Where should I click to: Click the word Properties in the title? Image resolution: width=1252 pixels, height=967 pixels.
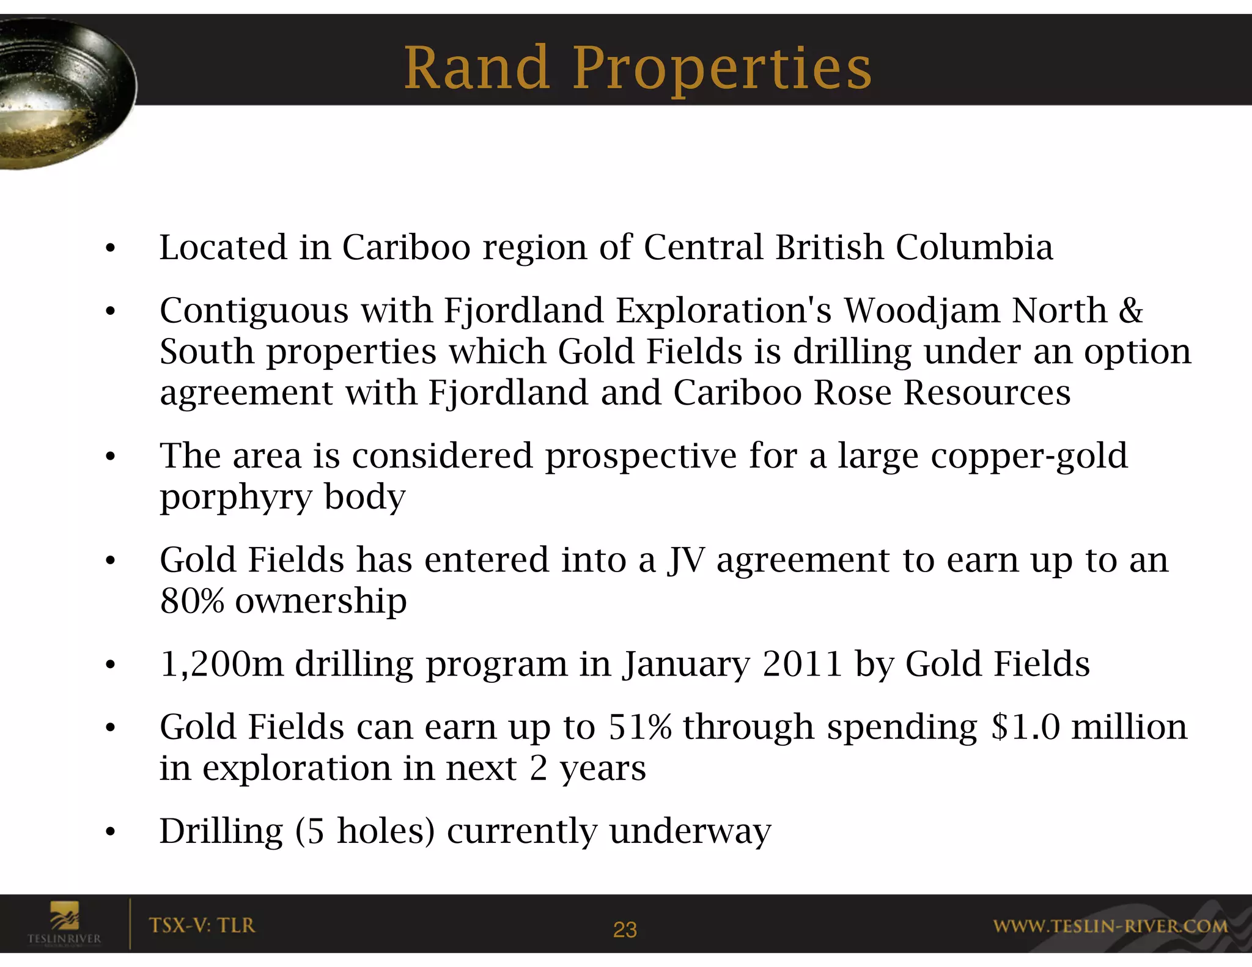[721, 69]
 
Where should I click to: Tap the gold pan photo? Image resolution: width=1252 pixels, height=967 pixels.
[61, 92]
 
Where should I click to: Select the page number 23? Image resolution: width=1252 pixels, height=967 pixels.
[625, 930]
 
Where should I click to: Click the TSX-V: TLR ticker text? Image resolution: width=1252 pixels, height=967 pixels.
[202, 925]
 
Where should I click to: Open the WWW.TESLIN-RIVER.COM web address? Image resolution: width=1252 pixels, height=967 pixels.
[1110, 927]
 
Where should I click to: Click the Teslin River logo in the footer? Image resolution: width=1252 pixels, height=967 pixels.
[64, 923]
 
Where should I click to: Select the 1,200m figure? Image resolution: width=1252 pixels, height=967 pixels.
[221, 664]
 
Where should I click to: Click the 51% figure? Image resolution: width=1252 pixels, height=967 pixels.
[639, 727]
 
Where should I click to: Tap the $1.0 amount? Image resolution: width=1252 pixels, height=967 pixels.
[1025, 727]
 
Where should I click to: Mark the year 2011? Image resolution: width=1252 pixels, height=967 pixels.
[803, 664]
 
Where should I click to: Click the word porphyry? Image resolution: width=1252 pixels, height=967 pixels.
[236, 498]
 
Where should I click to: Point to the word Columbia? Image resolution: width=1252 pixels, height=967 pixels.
[974, 248]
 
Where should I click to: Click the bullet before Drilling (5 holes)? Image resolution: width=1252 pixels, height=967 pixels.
[110, 832]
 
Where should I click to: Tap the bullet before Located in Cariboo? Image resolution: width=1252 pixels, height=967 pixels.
[110, 249]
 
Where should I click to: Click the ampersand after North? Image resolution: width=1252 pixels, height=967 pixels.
[1130, 311]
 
